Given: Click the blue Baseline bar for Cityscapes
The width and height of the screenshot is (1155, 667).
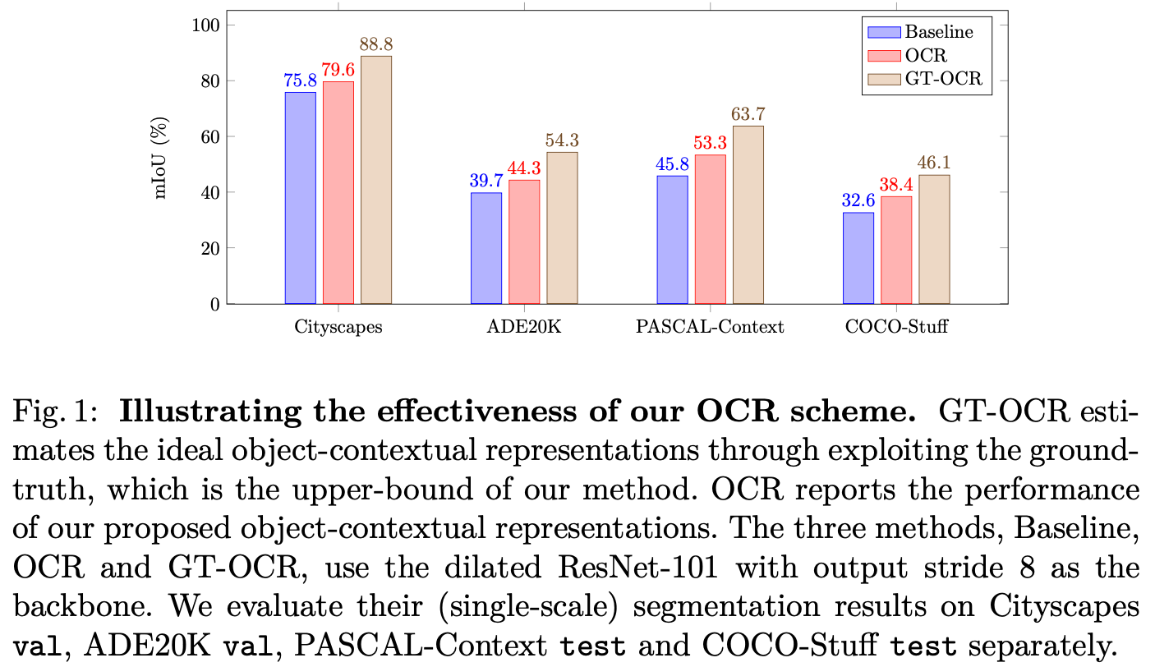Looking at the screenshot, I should (300, 198).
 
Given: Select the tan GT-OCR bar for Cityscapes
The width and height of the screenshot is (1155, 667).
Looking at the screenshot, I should (376, 180).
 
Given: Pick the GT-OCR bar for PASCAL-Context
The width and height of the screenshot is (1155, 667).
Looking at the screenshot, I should (748, 214).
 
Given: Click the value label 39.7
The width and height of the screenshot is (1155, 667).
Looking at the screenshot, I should (485, 182).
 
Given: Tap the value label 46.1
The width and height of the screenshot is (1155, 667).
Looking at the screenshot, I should (934, 163).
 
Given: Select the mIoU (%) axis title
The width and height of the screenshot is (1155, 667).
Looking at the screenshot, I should (162, 164).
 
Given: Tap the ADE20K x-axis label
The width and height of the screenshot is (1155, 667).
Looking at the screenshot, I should (524, 327).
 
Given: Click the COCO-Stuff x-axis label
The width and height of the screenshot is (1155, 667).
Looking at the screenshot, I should (896, 327).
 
